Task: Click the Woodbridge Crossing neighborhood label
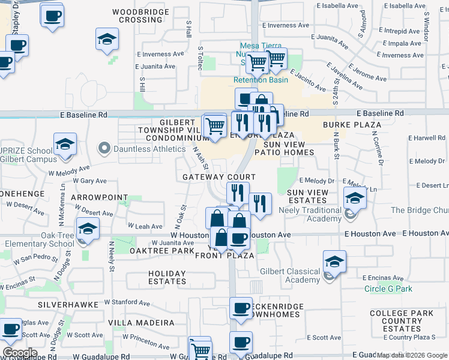[x=137, y=16]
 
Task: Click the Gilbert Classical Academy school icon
[x=334, y=262]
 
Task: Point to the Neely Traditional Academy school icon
[x=355, y=198]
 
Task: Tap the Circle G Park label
[x=388, y=289]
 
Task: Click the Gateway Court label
[x=219, y=178]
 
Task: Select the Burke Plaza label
[x=352, y=125]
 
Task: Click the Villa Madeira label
[x=141, y=323]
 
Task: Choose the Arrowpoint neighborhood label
[x=100, y=197]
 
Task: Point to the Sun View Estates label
[x=308, y=196]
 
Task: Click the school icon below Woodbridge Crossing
[x=107, y=40]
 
